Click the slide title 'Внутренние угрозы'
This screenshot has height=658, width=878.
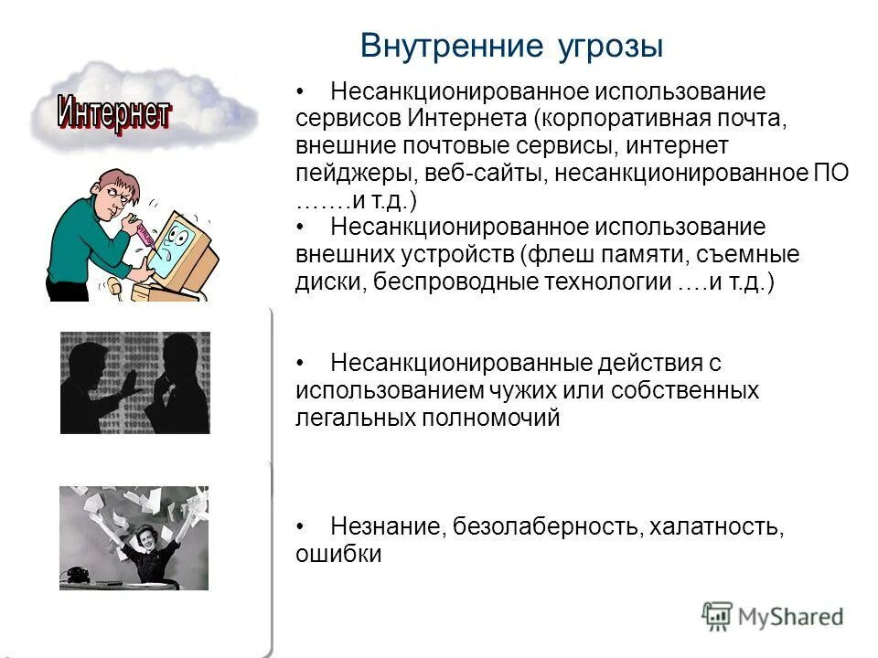coord(511,45)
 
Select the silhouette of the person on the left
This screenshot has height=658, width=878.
coord(96,384)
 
